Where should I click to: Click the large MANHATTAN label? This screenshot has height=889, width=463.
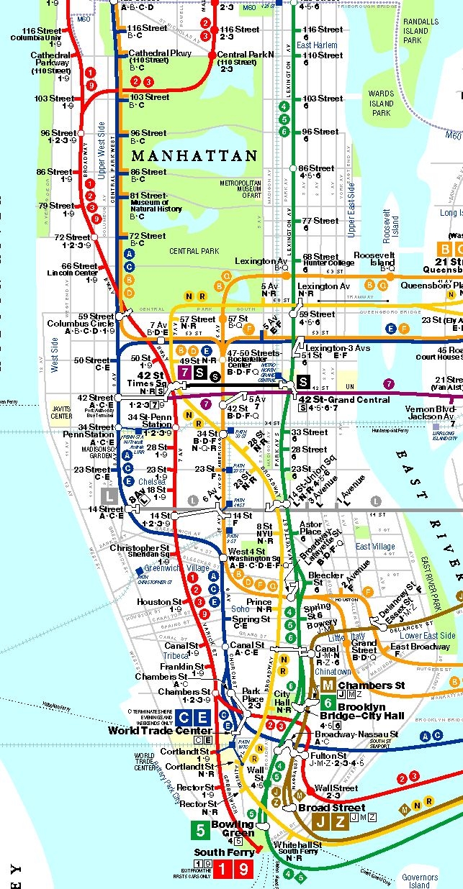[x=194, y=155]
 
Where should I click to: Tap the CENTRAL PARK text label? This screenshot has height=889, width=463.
[x=194, y=251]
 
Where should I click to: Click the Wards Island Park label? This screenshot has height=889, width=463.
[x=381, y=103]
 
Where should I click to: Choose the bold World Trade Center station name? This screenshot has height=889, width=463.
[x=161, y=731]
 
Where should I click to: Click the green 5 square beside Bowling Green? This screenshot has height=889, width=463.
[x=202, y=830]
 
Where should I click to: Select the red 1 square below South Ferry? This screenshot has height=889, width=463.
[x=224, y=870]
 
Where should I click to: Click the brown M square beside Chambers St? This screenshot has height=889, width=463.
[x=328, y=685]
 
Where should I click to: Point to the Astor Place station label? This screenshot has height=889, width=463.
[x=310, y=529]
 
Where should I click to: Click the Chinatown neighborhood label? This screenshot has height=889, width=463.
[x=333, y=671]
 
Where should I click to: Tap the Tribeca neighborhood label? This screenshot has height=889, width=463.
[x=176, y=656]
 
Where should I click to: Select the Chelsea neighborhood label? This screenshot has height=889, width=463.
[x=150, y=481]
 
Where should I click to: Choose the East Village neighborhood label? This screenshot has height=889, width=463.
[x=375, y=547]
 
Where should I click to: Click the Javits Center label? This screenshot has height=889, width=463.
[x=62, y=412]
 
